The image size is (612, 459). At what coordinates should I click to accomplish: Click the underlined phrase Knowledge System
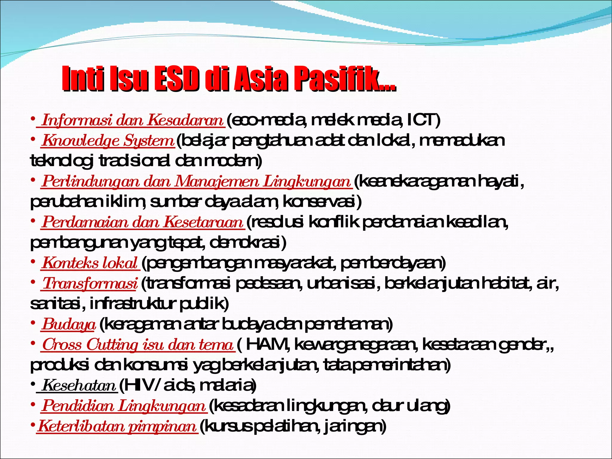[x=108, y=141]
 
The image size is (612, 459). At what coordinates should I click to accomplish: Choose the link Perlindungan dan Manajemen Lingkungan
[x=196, y=181]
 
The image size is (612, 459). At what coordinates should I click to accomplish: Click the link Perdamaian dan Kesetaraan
[x=143, y=222]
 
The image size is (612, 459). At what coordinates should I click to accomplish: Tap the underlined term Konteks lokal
[x=90, y=263]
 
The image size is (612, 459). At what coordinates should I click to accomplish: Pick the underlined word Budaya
[x=68, y=325]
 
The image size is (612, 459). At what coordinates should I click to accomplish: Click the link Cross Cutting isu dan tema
[x=137, y=345]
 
